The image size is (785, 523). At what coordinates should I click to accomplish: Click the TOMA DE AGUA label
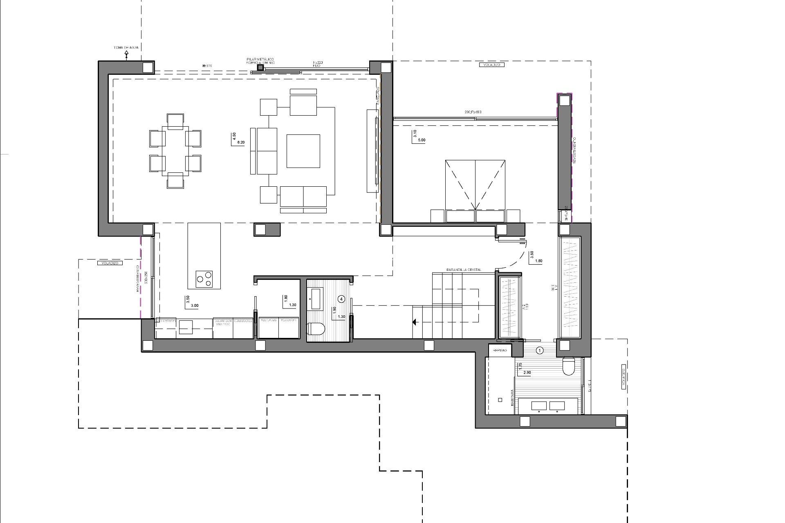coord(126,48)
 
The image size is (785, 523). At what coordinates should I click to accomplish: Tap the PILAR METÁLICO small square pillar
coord(260,67)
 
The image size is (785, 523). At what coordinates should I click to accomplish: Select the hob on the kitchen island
coord(204,278)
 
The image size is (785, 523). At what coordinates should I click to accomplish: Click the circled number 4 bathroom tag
coord(342,299)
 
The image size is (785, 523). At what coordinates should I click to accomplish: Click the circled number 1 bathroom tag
coord(539,350)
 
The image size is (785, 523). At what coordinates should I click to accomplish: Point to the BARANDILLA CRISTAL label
coord(464,270)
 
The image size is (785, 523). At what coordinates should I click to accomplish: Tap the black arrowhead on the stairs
coord(414,322)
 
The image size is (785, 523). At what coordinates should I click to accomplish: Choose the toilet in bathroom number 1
coord(569,366)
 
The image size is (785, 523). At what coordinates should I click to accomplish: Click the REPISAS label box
coord(500,351)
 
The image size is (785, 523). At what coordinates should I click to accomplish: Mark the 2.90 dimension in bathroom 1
coord(527,373)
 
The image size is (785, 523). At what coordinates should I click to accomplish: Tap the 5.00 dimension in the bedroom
coord(422,140)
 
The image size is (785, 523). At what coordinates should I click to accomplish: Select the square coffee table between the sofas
coord(303,151)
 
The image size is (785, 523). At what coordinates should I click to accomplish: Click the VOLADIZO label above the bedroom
coord(491,65)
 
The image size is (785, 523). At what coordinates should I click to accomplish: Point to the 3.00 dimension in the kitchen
coord(195,306)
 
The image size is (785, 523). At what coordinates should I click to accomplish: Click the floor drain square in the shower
coord(500,400)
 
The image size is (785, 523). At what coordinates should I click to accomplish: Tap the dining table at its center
coord(175,151)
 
